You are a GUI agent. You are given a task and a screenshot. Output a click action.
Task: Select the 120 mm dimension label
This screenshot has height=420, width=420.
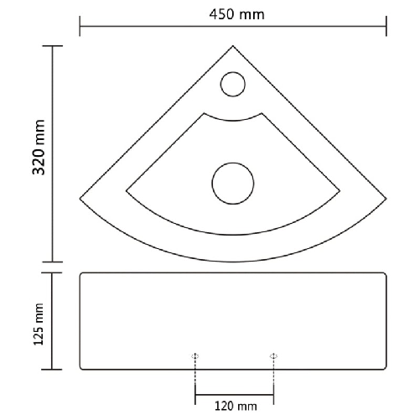pyautogui.click(x=235, y=407)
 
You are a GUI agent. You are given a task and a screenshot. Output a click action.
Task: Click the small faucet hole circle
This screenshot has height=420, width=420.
pyautogui.click(x=232, y=83)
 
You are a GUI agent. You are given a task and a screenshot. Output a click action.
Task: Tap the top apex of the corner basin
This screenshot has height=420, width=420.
pyautogui.click(x=232, y=47)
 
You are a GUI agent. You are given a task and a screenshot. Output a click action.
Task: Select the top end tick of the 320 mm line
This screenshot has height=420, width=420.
pyautogui.click(x=54, y=46)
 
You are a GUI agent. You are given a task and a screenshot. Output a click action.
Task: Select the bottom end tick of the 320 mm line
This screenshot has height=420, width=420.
pyautogui.click(x=54, y=261)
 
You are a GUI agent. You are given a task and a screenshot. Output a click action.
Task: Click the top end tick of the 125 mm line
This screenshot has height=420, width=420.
pyautogui.click(x=54, y=273)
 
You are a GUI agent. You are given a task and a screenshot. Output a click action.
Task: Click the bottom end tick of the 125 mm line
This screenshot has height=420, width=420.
pyautogui.click(x=54, y=370)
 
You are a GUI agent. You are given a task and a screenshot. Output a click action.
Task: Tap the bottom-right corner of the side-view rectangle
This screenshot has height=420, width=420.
pyautogui.click(x=386, y=369)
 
